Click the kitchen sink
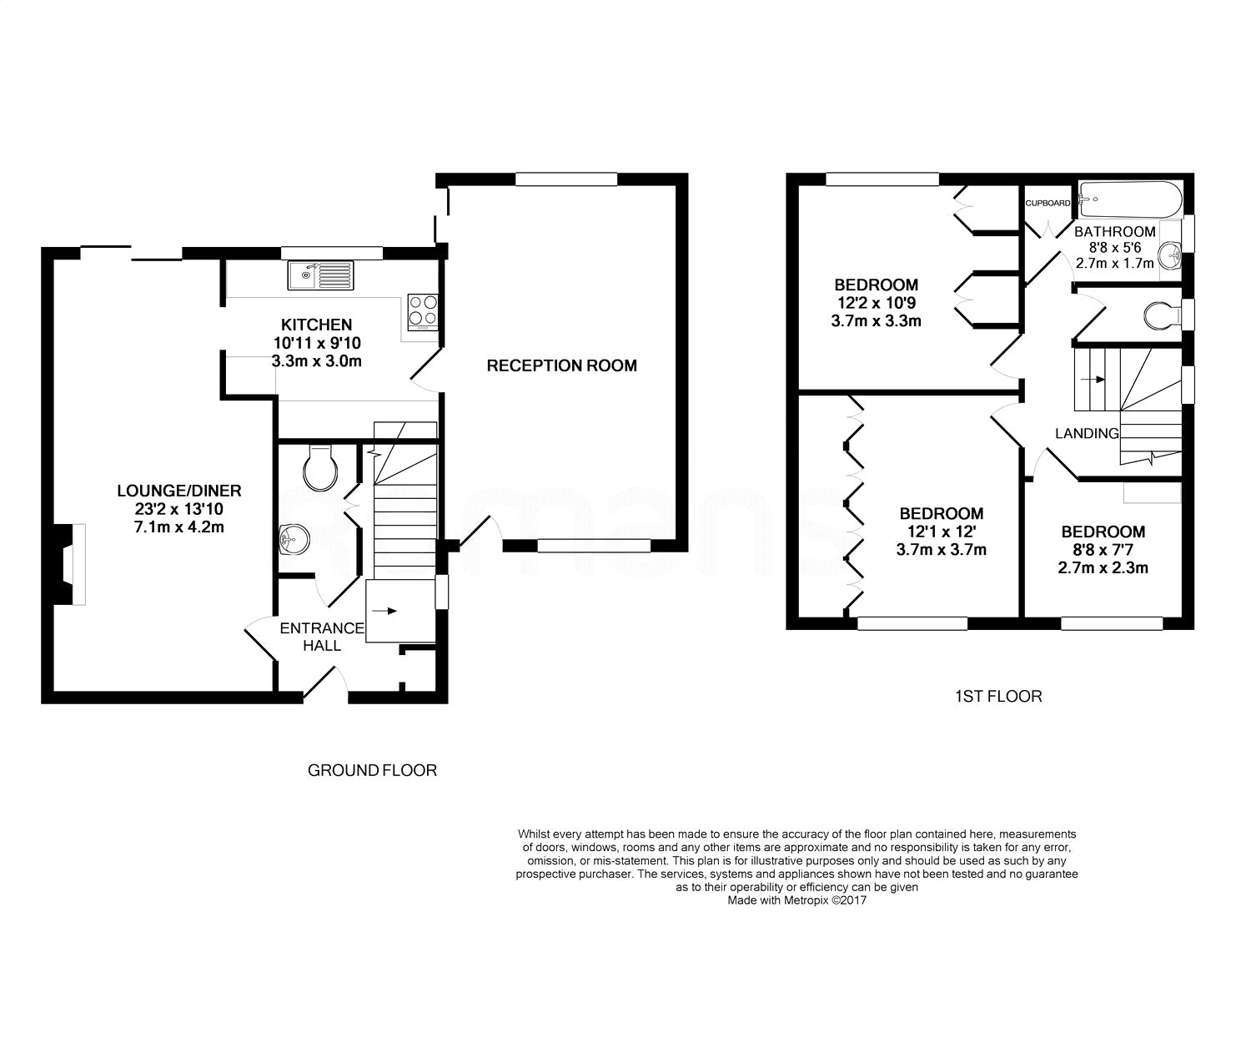pyautogui.click(x=320, y=275)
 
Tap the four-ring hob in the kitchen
pyautogui.click(x=423, y=311)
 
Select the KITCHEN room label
pyautogui.click(x=317, y=325)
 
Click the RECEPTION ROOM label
pyautogui.click(x=562, y=365)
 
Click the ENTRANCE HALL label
pyautogui.click(x=322, y=637)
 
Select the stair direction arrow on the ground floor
pyautogui.click(x=384, y=611)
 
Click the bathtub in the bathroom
pyautogui.click(x=1130, y=199)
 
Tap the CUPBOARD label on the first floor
pyautogui.click(x=1048, y=204)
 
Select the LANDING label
pyautogui.click(x=1087, y=433)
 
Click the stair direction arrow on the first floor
pyautogui.click(x=1093, y=380)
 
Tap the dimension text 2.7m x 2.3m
pyautogui.click(x=1103, y=567)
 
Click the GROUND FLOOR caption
pyautogui.click(x=372, y=770)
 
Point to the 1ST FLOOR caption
pyautogui.click(x=998, y=696)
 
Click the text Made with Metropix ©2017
pyautogui.click(x=796, y=899)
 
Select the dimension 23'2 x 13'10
pyautogui.click(x=179, y=509)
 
